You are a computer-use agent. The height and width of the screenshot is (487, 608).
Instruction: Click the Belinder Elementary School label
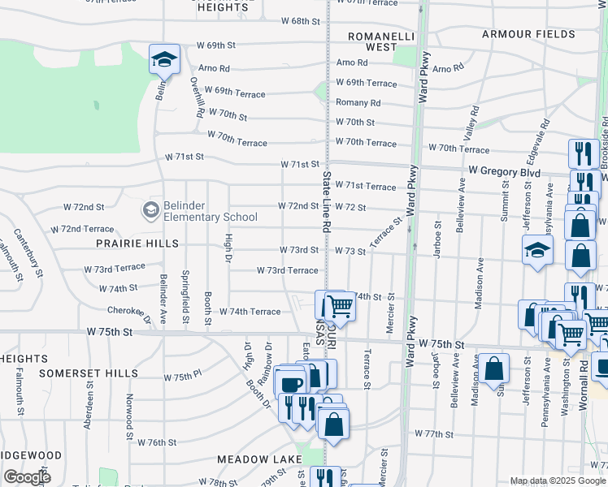coord(206,211)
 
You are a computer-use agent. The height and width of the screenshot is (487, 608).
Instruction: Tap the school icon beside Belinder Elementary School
coord(150,211)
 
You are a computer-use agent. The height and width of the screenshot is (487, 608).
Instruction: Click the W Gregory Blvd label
coord(505,172)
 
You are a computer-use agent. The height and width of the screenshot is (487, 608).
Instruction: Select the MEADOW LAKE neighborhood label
coord(260,459)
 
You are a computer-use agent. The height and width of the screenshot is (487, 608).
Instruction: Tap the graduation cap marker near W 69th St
coord(164,59)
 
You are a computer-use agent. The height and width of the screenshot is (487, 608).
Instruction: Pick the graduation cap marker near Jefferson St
coord(537,250)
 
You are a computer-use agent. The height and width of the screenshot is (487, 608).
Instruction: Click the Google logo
coord(27,477)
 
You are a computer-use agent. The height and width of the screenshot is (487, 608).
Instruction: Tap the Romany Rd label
coord(358,103)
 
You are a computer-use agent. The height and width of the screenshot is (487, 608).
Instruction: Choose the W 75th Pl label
coord(181,377)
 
